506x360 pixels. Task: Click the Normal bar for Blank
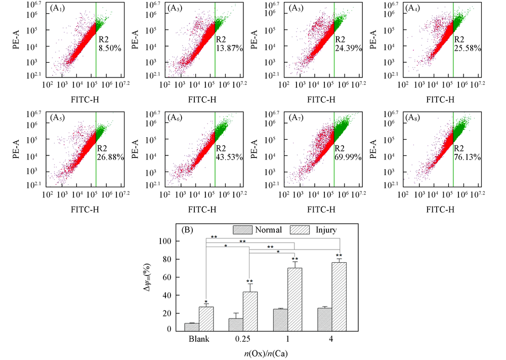click(x=192, y=327)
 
